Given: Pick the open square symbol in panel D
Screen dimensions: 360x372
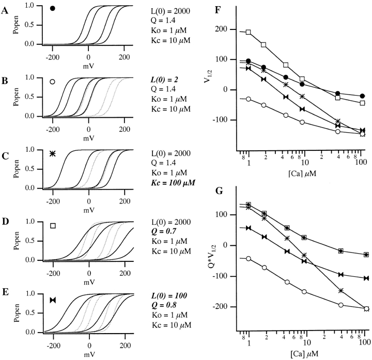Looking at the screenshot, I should (x=53, y=226).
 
